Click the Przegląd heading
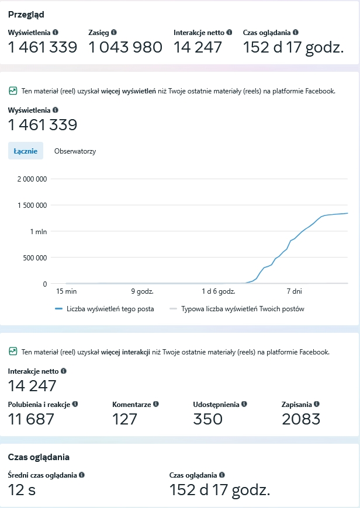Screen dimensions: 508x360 26,15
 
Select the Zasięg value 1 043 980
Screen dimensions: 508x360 125,47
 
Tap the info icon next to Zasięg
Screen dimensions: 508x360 113,33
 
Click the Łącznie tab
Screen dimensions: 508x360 26,151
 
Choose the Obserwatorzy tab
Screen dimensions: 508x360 75,151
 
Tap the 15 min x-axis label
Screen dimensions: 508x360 67,291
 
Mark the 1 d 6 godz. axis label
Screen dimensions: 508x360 218,291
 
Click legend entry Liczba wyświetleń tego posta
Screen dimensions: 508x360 110,309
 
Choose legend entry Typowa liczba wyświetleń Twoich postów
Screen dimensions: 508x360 243,309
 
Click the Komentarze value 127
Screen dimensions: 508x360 124,419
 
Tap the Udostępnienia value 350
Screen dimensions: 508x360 207,419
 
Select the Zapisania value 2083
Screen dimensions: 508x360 301,419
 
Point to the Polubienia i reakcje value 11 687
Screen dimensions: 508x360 31,419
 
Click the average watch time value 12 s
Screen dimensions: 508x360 22,490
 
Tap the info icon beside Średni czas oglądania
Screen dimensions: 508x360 81,475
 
